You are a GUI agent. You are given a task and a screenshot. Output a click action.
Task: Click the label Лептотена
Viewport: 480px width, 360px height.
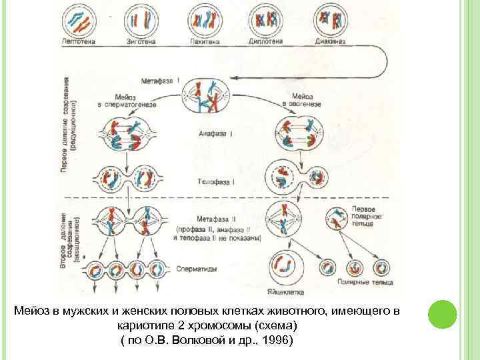tap(79, 41)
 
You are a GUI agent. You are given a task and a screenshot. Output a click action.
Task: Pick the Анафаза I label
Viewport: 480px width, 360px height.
tap(214, 133)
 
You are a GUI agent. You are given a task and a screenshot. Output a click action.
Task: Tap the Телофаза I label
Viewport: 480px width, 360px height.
tap(216, 181)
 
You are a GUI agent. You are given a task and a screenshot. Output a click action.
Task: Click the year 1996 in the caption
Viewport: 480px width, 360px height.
tap(274, 341)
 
